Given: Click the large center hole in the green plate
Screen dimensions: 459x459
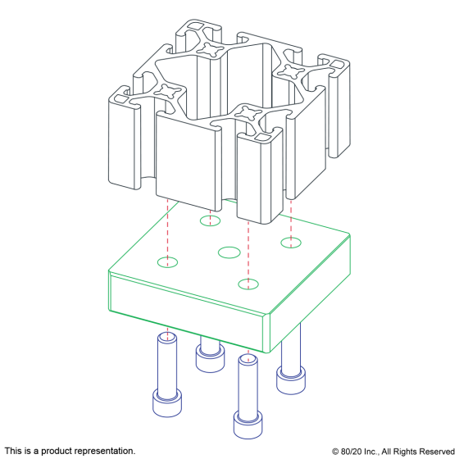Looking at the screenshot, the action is click(229, 252).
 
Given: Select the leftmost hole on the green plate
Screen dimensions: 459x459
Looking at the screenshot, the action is click(167, 262).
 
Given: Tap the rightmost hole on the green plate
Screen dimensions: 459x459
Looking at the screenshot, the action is click(291, 243).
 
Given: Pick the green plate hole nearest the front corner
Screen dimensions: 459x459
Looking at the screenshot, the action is click(248, 284).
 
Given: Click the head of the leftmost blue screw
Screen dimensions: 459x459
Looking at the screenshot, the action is click(167, 403).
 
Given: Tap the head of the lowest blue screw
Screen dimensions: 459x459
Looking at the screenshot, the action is click(248, 425).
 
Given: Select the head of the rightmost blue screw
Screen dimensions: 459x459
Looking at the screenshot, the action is click(291, 380).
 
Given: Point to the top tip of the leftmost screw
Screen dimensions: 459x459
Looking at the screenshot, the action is click(167, 334).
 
